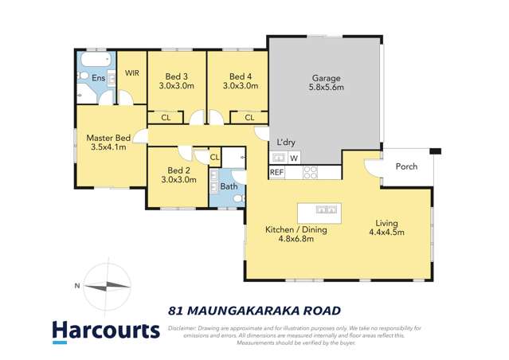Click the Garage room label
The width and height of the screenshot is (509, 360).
pyautogui.click(x=326, y=78)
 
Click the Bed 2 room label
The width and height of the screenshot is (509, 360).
pyautogui.click(x=178, y=170)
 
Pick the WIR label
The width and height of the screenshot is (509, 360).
pyautogui.click(x=132, y=72)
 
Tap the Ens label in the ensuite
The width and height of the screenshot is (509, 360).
pyautogui.click(x=98, y=78)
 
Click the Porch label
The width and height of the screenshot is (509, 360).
pyautogui.click(x=406, y=166)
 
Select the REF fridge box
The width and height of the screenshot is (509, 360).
pyautogui.click(x=276, y=172)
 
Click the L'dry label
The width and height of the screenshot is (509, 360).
pyautogui.click(x=285, y=143)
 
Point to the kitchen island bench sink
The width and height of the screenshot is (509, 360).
pyautogui.click(x=325, y=210)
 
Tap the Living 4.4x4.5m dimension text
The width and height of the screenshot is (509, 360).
pyautogui.click(x=386, y=233)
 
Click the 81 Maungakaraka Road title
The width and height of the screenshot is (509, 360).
pyautogui.click(x=255, y=310)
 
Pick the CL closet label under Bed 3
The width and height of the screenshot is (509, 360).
pyautogui.click(x=166, y=118)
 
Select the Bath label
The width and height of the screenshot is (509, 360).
pyautogui.click(x=229, y=187)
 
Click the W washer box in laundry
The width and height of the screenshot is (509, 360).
pyautogui.click(x=294, y=158)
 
